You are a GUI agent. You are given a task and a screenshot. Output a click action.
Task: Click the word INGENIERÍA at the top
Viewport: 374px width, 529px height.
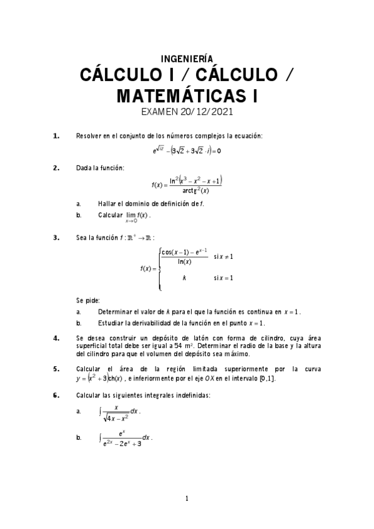(187, 58)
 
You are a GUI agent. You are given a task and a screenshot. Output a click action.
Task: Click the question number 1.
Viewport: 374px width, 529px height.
(56, 135)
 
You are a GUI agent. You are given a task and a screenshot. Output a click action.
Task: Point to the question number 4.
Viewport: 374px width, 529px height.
(56, 338)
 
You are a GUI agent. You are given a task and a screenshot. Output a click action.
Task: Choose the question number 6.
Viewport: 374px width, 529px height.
(56, 395)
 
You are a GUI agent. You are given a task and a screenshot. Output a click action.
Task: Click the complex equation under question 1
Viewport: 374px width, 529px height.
(187, 150)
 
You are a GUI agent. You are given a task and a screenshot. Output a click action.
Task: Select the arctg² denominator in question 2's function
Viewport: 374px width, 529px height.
(196, 190)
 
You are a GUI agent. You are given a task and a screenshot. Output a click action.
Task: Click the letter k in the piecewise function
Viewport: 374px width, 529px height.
(184, 278)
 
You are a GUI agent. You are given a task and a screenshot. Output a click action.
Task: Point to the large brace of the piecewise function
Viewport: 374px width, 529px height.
(160, 268)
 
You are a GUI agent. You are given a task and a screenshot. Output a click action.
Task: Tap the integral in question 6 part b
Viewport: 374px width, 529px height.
(125, 439)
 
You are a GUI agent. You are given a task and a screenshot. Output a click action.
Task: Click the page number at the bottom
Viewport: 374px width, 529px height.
(187, 498)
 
